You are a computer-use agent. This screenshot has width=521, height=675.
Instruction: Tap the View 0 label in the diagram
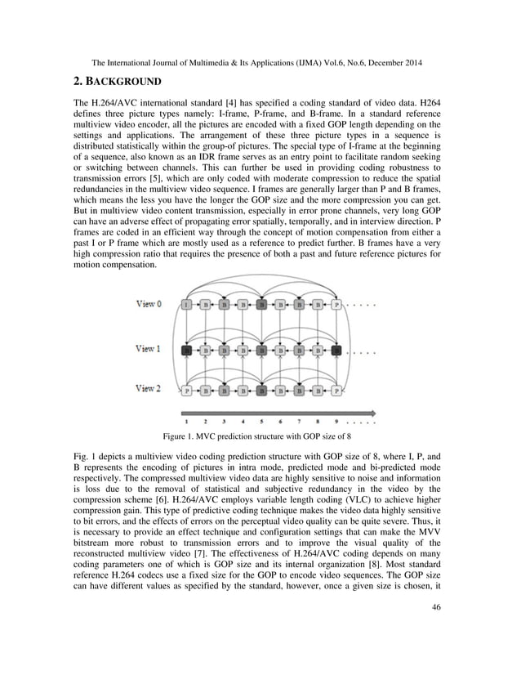(x=149, y=304)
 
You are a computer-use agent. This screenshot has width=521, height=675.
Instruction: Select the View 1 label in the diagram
(x=149, y=349)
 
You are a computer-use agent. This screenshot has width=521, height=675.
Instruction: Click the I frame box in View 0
(x=188, y=304)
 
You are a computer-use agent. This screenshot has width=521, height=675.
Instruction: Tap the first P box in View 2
(x=188, y=391)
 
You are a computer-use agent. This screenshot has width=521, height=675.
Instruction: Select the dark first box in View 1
(x=188, y=349)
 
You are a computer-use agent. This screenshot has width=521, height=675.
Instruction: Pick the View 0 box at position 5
(x=261, y=304)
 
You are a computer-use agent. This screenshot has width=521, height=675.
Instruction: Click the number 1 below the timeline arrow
(x=187, y=422)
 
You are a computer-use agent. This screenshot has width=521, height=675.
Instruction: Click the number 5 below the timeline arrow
(x=261, y=422)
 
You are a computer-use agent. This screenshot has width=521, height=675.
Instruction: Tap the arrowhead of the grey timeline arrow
(x=372, y=412)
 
